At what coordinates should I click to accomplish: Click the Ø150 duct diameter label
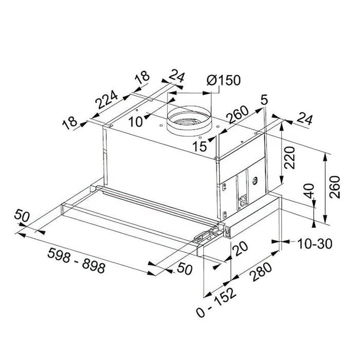click(x=223, y=80)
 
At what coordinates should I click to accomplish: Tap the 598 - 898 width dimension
click(x=76, y=260)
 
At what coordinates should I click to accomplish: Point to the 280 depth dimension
click(x=262, y=272)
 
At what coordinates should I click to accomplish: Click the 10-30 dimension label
click(x=315, y=244)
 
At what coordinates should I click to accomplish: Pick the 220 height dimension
click(x=289, y=158)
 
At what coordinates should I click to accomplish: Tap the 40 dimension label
click(x=310, y=191)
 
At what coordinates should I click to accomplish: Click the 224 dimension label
click(x=107, y=99)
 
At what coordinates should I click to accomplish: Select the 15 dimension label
click(x=200, y=146)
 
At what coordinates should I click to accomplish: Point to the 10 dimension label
click(x=135, y=121)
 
